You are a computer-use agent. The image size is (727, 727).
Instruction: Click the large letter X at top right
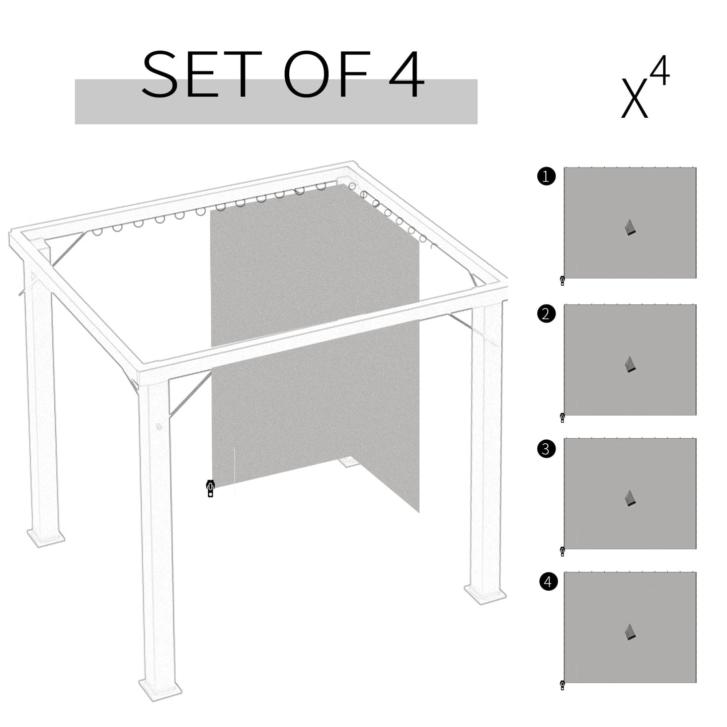[634, 99]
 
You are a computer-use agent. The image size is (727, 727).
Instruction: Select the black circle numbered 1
[546, 177]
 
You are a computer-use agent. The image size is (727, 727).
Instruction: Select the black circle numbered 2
[546, 314]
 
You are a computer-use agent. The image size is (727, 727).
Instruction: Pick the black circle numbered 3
[546, 448]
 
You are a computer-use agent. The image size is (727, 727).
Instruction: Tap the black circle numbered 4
[548, 582]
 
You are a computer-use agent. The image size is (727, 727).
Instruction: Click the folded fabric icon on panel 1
[630, 228]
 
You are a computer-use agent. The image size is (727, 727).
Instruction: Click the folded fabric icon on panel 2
[630, 364]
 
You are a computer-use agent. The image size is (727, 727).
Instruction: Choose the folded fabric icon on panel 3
[630, 498]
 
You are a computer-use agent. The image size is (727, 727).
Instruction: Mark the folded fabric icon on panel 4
[630, 632]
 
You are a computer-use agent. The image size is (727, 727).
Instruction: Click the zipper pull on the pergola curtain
[210, 488]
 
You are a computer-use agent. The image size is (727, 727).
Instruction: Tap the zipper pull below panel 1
[562, 281]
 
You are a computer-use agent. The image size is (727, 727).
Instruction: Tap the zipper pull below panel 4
[562, 685]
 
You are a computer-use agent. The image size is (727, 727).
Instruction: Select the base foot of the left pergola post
[45, 536]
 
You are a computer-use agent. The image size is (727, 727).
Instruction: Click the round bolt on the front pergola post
[159, 427]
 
